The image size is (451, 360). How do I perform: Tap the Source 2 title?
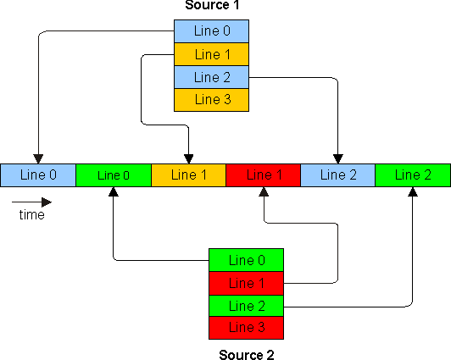pyautogui.click(x=246, y=354)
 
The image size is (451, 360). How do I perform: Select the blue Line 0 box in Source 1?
pyautogui.click(x=212, y=32)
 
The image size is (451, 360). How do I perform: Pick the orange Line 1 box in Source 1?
pyautogui.click(x=212, y=55)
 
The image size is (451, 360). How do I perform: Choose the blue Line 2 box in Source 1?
pyautogui.click(x=212, y=77)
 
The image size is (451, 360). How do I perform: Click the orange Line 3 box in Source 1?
pyautogui.click(x=212, y=99)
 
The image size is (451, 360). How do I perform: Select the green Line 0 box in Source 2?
pyautogui.click(x=246, y=260)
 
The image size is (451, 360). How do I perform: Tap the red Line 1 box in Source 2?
pyautogui.click(x=246, y=282)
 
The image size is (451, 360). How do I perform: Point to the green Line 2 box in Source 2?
pyautogui.click(x=246, y=305)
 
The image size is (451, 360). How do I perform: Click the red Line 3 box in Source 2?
pyautogui.click(x=246, y=327)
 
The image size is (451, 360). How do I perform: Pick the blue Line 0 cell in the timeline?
pyautogui.click(x=38, y=175)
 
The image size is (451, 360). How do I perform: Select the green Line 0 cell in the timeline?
pyautogui.click(x=114, y=175)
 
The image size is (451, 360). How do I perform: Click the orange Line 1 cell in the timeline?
pyautogui.click(x=188, y=175)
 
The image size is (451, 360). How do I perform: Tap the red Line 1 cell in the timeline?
pyautogui.click(x=263, y=175)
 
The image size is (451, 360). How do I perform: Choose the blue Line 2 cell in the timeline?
pyautogui.click(x=337, y=175)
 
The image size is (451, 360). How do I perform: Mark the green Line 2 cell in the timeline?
pyautogui.click(x=413, y=175)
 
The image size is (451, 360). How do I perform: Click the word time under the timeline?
pyautogui.click(x=31, y=215)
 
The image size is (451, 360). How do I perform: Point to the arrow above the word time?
pyautogui.click(x=31, y=202)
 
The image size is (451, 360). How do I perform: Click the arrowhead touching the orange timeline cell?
pyautogui.click(x=188, y=158)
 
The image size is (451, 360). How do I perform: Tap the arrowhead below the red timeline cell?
pyautogui.click(x=264, y=192)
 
